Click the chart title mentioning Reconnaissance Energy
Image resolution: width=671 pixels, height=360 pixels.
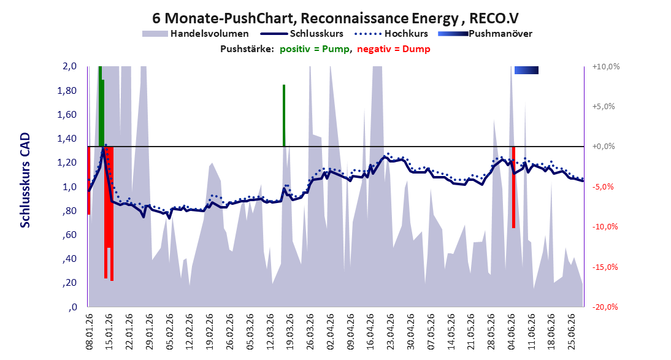coord(335,18)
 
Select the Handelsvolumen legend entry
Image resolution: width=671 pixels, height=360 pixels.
coord(196,33)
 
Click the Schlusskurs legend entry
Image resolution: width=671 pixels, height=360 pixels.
coord(302,33)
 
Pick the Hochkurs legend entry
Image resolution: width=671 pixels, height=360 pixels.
coord(391,33)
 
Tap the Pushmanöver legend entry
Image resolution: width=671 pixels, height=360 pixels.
coord(485,33)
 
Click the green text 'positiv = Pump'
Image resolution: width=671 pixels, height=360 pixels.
coord(315,49)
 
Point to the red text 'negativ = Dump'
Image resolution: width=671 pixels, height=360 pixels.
coord(394,49)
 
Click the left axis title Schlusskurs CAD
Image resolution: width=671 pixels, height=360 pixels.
coord(25,180)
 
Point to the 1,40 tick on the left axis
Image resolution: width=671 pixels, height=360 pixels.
coord(67,138)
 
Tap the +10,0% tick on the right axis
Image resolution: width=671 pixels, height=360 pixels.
coord(606,66)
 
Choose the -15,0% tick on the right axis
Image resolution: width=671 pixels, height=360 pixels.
coord(605,267)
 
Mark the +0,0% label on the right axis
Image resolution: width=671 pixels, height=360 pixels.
coord(604,147)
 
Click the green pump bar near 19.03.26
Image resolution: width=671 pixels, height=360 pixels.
coord(284,115)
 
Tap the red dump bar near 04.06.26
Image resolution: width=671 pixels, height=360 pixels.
coord(513,187)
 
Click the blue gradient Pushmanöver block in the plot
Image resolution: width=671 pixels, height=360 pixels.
coord(526,70)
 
